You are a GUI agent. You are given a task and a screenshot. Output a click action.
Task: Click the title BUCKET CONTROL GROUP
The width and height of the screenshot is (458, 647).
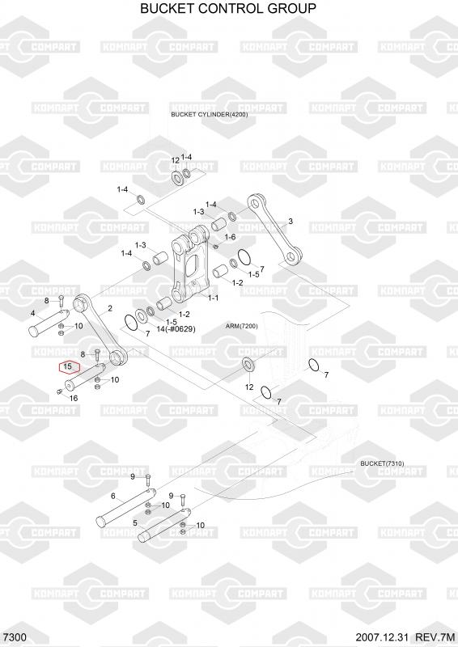(228, 8)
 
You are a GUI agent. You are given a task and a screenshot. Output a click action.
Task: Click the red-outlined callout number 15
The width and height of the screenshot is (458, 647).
(68, 366)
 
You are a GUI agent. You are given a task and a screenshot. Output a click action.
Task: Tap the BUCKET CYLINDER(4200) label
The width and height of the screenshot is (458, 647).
(210, 114)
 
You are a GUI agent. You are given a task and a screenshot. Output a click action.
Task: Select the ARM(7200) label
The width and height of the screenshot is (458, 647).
(242, 326)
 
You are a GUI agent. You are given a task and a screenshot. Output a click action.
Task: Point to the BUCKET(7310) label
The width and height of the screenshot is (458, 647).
(383, 463)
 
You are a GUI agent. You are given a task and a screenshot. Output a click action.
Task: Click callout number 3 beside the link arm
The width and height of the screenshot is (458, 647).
(290, 221)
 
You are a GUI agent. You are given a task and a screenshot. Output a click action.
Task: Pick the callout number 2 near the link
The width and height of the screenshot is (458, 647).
(110, 308)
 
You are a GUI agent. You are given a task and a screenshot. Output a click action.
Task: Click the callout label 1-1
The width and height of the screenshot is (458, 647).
(213, 298)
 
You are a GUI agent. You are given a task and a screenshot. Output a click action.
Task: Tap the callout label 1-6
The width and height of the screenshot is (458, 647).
(230, 237)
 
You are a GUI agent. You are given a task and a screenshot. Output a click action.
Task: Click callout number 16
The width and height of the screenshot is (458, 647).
(74, 398)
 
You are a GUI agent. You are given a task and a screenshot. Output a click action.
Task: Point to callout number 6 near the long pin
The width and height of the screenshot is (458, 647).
(113, 497)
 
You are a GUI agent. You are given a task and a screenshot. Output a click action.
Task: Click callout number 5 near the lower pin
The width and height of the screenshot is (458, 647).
(135, 523)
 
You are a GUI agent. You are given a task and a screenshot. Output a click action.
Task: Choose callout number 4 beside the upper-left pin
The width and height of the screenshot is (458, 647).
(33, 314)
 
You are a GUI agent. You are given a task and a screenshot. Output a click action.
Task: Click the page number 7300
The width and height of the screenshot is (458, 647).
(15, 637)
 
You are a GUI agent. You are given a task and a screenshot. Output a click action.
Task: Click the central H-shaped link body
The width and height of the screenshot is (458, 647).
(190, 267)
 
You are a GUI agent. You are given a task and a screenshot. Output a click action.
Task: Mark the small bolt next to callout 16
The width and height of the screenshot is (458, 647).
(59, 391)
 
